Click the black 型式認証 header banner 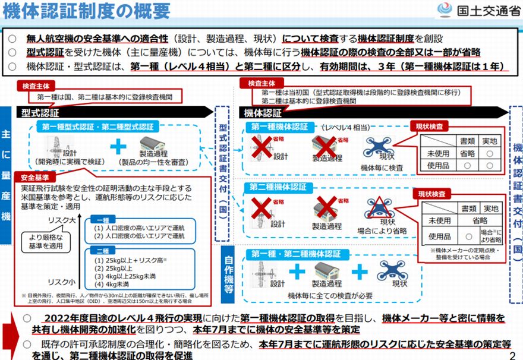pyautogui.click(x=113, y=111)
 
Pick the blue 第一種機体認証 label pyautogui.click(x=279, y=127)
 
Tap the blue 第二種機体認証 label pyautogui.click(x=279, y=187)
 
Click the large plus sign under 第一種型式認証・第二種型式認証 pyautogui.click(x=119, y=146)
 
